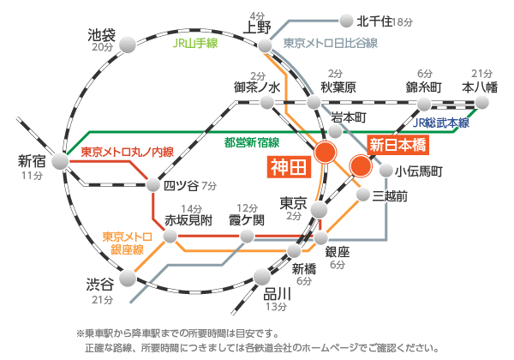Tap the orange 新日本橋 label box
tap(396, 145)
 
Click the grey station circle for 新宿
tap(59, 160)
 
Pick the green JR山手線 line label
tap(197, 40)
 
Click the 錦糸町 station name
tap(425, 87)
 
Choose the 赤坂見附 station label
tap(188, 219)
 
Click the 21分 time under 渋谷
tap(102, 300)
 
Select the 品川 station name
tap(278, 294)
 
